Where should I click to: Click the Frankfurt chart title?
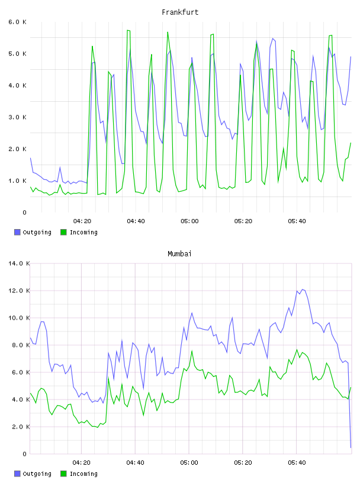[x=180, y=12]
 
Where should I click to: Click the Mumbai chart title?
[x=179, y=254]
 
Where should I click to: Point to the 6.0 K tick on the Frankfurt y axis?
[x=18, y=22]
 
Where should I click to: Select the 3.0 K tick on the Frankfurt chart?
[x=18, y=117]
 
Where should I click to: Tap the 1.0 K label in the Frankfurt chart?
[x=18, y=181]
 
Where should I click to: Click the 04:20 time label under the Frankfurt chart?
[x=82, y=221]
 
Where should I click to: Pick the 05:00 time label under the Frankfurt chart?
[x=189, y=221]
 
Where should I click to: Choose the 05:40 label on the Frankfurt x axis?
[x=297, y=221]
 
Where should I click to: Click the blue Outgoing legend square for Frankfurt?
[x=17, y=232]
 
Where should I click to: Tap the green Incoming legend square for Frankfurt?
[x=63, y=232]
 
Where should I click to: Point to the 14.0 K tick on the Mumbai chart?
[x=19, y=263]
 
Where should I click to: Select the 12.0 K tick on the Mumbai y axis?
[x=19, y=291]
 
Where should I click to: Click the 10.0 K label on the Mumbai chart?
[x=19, y=318]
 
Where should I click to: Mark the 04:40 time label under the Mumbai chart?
[x=136, y=463]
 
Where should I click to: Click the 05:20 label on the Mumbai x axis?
[x=243, y=463]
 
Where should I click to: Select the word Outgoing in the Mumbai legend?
[x=37, y=474]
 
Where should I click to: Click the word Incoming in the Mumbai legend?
[x=83, y=474]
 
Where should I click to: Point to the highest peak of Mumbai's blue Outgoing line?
[x=303, y=289]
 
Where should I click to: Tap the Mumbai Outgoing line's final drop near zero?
[x=351, y=447]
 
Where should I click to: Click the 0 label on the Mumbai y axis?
[x=25, y=454]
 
